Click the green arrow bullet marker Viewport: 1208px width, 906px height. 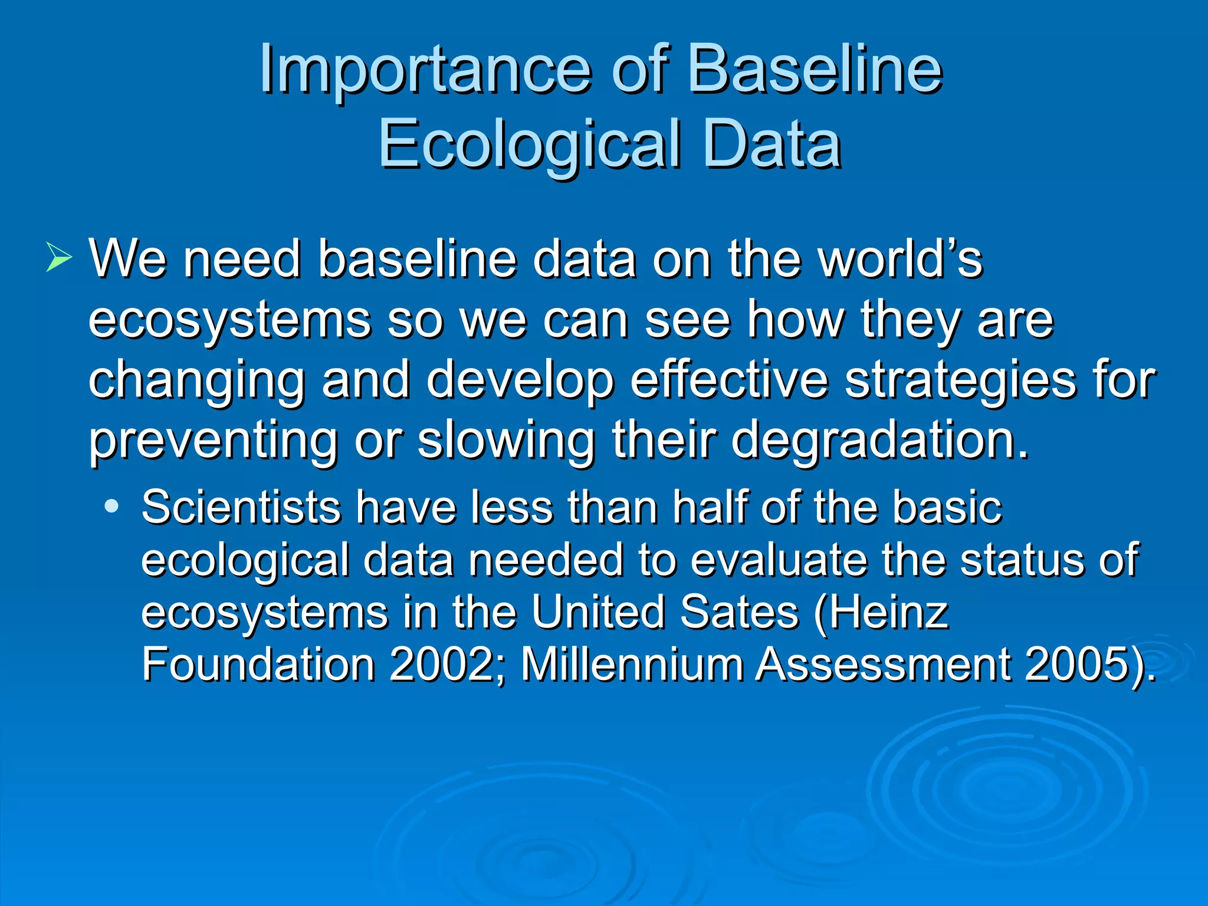(x=58, y=258)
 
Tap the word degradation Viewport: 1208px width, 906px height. (x=879, y=441)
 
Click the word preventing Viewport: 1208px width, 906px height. (x=213, y=441)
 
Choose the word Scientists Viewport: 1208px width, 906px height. (x=241, y=507)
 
